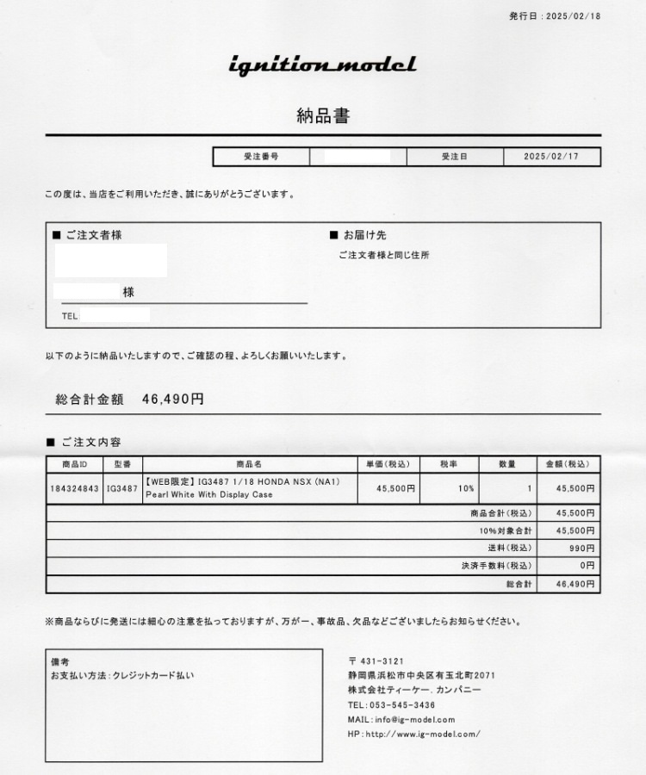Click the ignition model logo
(x=322, y=65)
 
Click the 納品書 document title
(x=323, y=116)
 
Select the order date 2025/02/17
(x=551, y=158)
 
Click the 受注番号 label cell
(x=260, y=158)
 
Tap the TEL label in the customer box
(x=70, y=316)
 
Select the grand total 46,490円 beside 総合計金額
(x=173, y=400)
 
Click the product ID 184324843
(x=75, y=488)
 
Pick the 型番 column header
(x=122, y=465)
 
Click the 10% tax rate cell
(x=466, y=488)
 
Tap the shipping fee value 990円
(x=581, y=548)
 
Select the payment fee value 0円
(x=587, y=566)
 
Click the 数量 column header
(x=507, y=465)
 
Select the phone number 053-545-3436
(x=401, y=704)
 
